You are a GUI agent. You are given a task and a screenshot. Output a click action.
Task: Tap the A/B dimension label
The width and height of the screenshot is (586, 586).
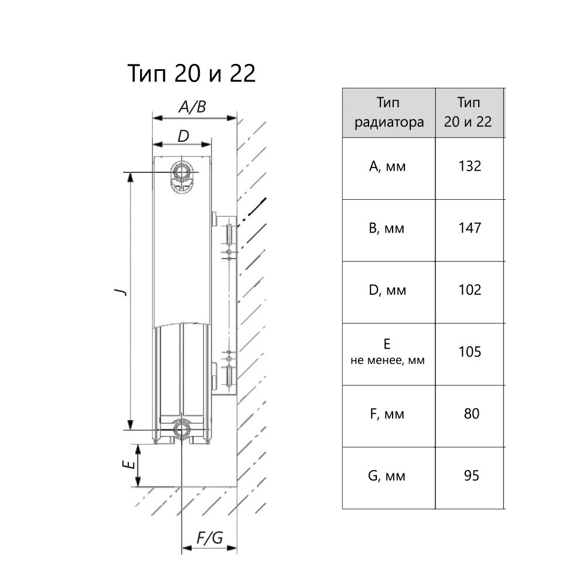pyautogui.click(x=192, y=107)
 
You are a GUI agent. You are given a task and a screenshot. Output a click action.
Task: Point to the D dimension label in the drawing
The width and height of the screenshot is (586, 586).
pyautogui.click(x=183, y=137)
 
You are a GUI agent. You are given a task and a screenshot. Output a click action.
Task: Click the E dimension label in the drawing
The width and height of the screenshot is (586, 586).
pyautogui.click(x=125, y=465)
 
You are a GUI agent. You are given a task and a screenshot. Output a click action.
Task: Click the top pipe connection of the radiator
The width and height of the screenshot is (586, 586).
pyautogui.click(x=180, y=173)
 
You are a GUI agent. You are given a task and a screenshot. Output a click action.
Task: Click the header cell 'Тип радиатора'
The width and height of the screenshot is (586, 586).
pyautogui.click(x=388, y=113)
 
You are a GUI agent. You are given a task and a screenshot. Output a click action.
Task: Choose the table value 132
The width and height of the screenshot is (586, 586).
pyautogui.click(x=469, y=166)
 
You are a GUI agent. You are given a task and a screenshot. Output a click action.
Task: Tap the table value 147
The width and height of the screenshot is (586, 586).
pyautogui.click(x=469, y=228)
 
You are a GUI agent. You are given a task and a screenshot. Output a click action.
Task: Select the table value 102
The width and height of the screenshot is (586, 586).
pyautogui.click(x=469, y=290)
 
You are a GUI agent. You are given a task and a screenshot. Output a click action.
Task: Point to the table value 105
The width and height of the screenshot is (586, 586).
pyautogui.click(x=469, y=352)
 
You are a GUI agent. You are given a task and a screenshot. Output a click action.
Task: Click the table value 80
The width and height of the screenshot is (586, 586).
pyautogui.click(x=471, y=414)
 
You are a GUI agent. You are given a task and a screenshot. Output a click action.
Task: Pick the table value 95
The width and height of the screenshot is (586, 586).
pyautogui.click(x=471, y=475)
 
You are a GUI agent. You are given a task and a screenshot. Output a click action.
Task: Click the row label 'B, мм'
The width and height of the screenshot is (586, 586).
pyautogui.click(x=387, y=229)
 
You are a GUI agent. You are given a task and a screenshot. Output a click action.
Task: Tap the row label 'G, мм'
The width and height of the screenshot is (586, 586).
pyautogui.click(x=387, y=476)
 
